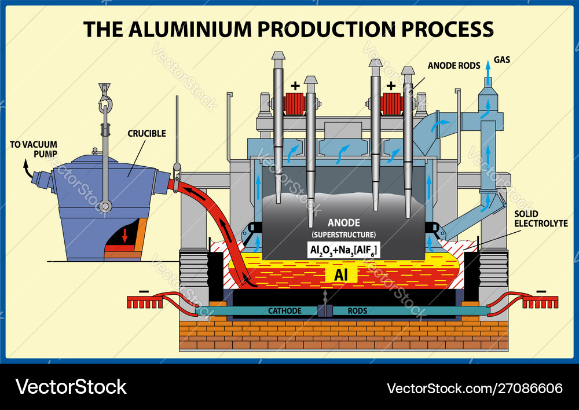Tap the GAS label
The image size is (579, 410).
(x=501, y=60)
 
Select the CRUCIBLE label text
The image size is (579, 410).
(x=146, y=133)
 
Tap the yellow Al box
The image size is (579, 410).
(x=341, y=274)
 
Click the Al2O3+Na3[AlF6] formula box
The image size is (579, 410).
(x=343, y=251)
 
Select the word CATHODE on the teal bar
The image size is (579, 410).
(x=284, y=311)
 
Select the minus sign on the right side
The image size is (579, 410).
(x=541, y=290)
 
